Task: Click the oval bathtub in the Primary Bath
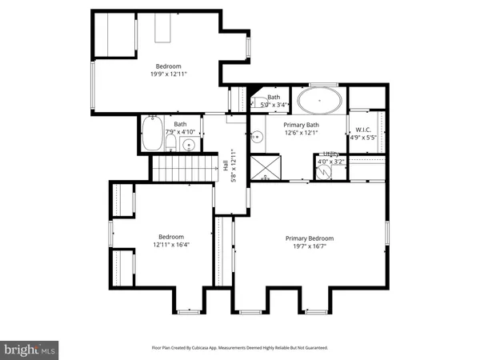coord(318,102)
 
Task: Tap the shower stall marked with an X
coord(264,166)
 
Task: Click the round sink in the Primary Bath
coord(258,137)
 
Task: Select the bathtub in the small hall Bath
coord(152,137)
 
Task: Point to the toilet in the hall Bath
coord(171,143)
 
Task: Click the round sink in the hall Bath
coord(189,145)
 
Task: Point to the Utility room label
coord(330,154)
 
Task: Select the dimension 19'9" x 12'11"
coord(169,74)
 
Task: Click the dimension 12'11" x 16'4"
coord(171,246)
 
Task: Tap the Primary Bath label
coord(302,124)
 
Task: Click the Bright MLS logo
coord(30,349)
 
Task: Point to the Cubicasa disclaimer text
coord(239,348)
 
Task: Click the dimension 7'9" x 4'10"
coord(181,131)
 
